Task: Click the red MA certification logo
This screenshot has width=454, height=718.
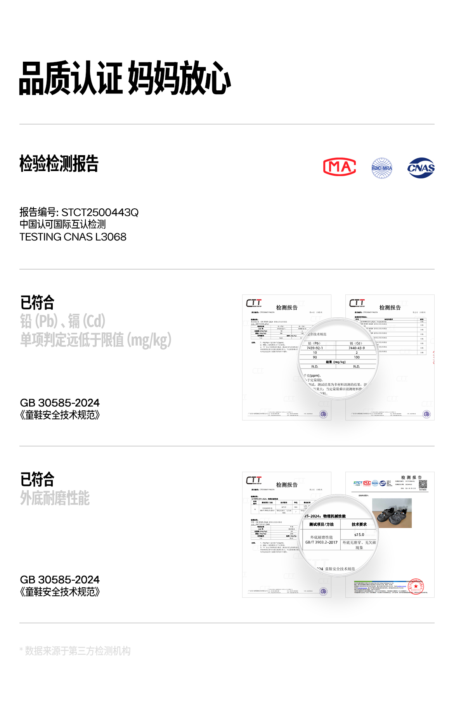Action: click(340, 167)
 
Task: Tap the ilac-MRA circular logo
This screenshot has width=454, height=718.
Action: click(382, 168)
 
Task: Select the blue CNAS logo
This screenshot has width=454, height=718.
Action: click(421, 168)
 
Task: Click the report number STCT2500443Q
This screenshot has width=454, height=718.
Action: click(100, 212)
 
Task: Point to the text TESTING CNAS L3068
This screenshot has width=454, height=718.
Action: click(73, 237)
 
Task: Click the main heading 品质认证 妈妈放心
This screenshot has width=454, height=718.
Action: click(125, 79)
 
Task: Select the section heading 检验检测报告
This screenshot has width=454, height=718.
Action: click(59, 163)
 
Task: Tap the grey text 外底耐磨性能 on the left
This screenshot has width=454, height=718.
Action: click(55, 498)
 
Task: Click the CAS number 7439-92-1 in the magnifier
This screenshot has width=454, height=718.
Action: click(315, 348)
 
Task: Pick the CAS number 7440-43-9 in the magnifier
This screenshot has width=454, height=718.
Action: click(357, 348)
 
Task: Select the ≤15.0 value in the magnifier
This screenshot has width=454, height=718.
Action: click(359, 535)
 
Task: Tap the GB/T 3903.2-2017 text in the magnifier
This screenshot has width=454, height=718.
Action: click(321, 542)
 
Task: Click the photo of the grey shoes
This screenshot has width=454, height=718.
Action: click(392, 513)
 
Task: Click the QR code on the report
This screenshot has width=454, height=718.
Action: click(423, 484)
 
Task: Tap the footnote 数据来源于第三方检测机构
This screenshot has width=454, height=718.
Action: click(78, 651)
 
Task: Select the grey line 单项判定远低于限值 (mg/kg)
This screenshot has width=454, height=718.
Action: click(96, 340)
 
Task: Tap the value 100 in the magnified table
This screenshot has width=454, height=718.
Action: click(357, 357)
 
